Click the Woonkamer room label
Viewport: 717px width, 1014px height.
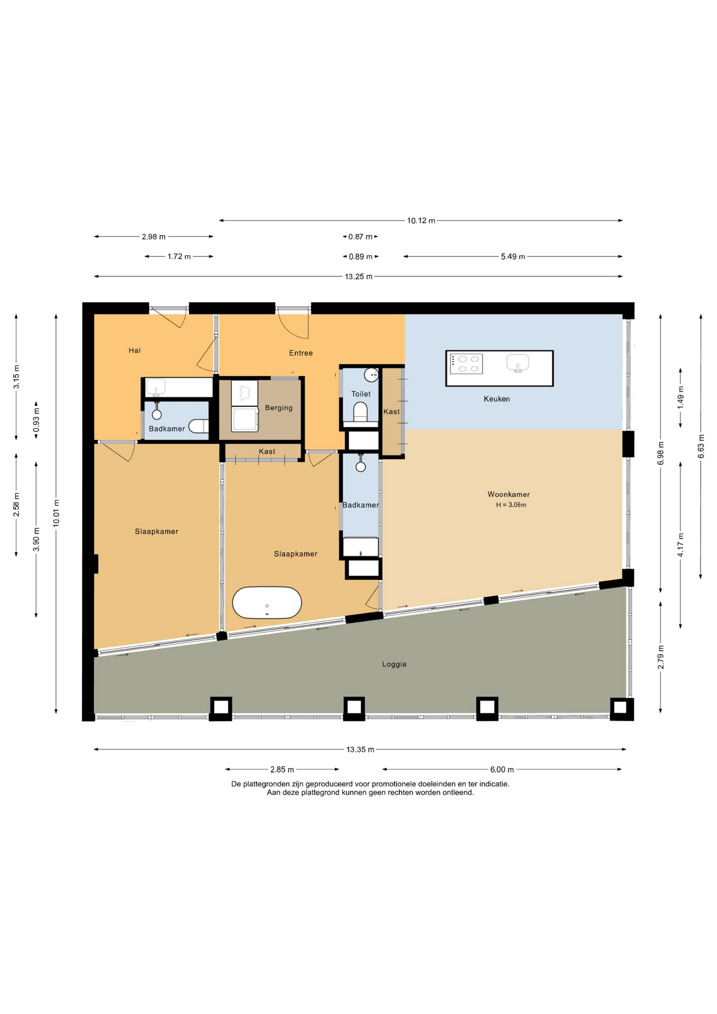(508, 494)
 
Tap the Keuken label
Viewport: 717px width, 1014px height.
(497, 399)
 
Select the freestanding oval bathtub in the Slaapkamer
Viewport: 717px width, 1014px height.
(267, 603)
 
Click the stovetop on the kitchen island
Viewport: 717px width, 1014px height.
(466, 364)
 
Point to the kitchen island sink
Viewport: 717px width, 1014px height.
(518, 363)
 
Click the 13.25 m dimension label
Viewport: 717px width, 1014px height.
(358, 277)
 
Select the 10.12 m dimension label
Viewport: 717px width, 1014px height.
(421, 221)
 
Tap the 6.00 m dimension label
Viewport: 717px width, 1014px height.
(502, 769)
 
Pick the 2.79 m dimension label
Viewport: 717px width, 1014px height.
(661, 658)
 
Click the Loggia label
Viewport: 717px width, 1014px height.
(394, 664)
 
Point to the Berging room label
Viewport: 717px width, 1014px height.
(279, 408)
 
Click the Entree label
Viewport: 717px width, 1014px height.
(301, 353)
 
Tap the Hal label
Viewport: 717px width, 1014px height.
(135, 350)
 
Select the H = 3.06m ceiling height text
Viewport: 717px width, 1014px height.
(511, 505)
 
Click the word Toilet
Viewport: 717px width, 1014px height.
(361, 394)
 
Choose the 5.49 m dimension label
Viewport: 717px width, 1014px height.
(513, 257)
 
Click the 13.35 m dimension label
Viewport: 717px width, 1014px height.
(360, 749)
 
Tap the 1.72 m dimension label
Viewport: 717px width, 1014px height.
(179, 257)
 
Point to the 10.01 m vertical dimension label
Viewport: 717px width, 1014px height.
(56, 512)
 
